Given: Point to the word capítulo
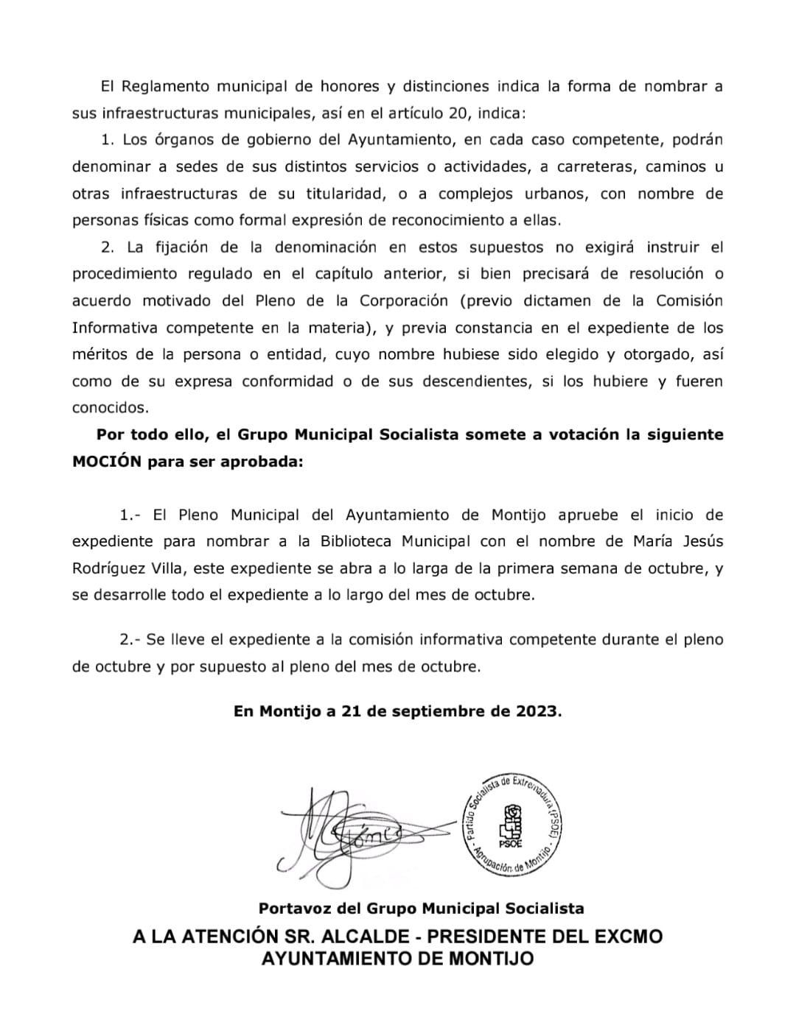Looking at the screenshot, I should (x=344, y=273).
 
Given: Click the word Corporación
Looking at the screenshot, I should (x=403, y=300).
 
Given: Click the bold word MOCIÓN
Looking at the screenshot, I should (x=106, y=462).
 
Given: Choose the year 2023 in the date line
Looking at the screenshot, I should (x=538, y=711).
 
